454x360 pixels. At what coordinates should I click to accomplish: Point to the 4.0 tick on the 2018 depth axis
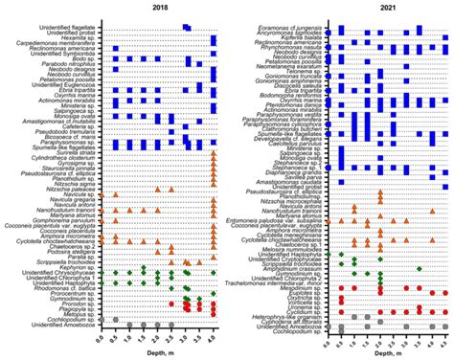(x=213, y=335)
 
